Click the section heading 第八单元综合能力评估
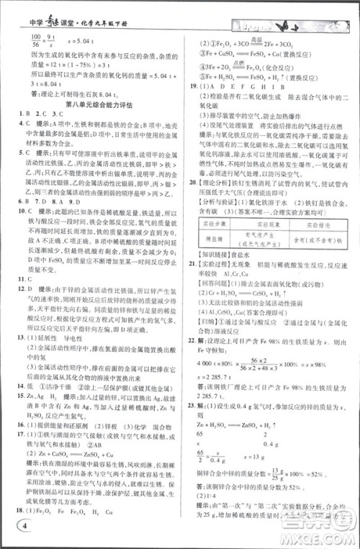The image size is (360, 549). (x=91, y=103)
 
